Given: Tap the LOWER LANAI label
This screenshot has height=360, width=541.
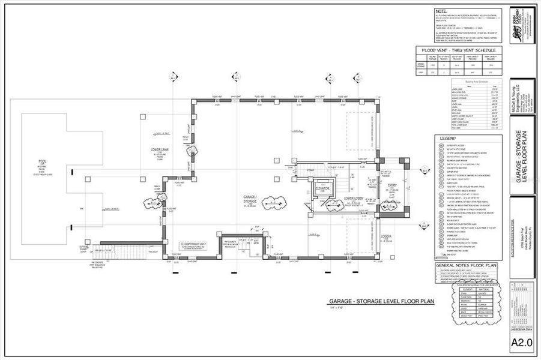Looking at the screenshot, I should coord(160,149).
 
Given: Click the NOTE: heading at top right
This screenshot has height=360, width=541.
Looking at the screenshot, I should coord(441,11).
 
